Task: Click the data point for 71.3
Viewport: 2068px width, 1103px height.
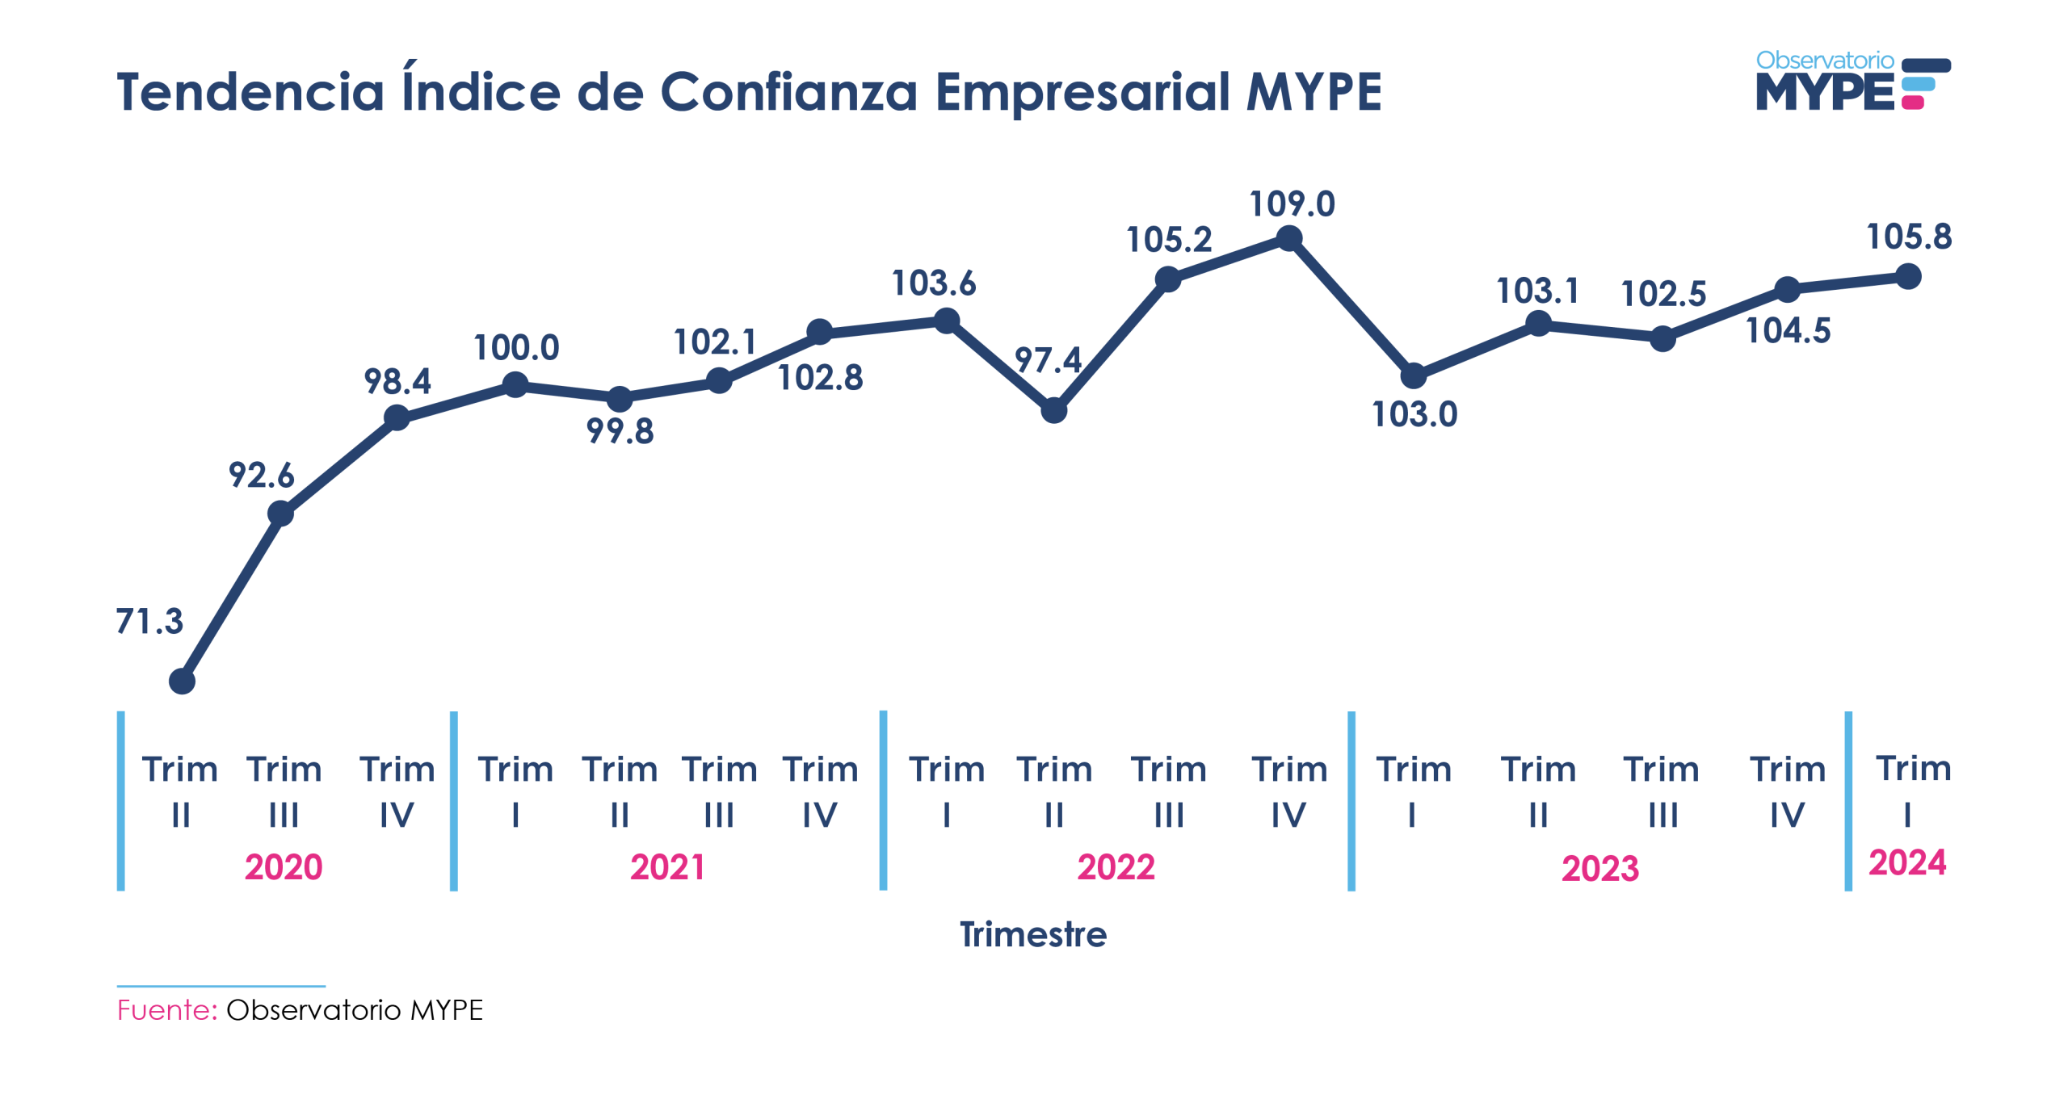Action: (182, 682)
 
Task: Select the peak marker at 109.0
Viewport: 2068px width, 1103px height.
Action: (1288, 238)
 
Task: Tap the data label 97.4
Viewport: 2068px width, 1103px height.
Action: (1047, 360)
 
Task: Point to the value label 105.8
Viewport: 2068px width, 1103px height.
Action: (1908, 237)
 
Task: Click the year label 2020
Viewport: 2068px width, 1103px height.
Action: (284, 867)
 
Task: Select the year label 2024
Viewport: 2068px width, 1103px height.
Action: (1906, 862)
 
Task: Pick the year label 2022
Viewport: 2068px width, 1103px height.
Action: (1116, 867)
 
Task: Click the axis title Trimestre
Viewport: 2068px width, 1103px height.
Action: (1032, 934)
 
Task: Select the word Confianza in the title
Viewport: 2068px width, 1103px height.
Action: (789, 91)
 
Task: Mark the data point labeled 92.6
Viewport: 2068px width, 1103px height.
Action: (280, 514)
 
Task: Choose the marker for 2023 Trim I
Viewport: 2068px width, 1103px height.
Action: (1413, 375)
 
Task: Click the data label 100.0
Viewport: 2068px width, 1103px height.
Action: (515, 348)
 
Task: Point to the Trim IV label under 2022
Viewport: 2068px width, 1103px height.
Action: (1288, 791)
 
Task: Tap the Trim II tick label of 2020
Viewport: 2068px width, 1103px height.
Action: (180, 791)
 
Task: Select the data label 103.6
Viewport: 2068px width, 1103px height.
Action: (933, 283)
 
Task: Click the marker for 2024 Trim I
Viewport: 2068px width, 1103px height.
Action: (1907, 276)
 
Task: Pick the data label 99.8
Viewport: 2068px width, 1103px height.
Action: (620, 431)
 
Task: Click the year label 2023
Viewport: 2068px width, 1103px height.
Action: (1599, 869)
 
